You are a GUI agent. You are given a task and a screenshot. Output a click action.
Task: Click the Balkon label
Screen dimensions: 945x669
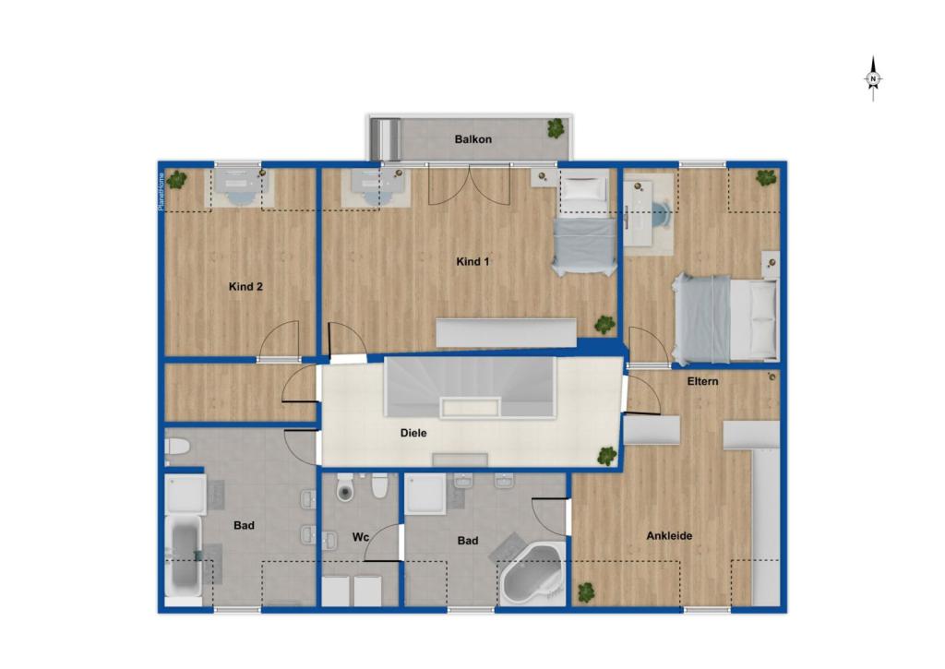click(x=473, y=139)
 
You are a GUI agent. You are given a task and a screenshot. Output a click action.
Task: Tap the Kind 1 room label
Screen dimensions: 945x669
click(x=472, y=261)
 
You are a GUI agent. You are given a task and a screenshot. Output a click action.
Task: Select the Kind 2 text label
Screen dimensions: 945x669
click(x=245, y=287)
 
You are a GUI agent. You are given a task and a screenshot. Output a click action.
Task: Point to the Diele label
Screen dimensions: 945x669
click(x=413, y=433)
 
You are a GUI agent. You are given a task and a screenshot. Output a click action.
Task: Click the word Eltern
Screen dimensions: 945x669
click(x=702, y=381)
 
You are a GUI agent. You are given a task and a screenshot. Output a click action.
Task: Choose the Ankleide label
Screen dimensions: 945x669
click(x=669, y=536)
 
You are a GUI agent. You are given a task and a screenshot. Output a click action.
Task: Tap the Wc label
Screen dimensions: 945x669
click(x=361, y=536)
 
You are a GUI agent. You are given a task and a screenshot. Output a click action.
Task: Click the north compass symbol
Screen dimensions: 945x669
click(x=873, y=79)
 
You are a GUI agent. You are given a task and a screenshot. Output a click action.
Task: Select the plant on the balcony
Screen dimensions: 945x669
click(x=556, y=128)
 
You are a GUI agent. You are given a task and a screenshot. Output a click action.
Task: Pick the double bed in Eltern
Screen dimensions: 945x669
click(x=725, y=319)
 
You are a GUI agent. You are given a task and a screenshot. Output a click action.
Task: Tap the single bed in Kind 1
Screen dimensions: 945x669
click(x=585, y=223)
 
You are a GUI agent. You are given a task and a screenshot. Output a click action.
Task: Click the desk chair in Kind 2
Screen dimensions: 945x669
click(x=238, y=193)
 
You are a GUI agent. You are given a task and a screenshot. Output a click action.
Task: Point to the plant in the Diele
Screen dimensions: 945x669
click(x=606, y=456)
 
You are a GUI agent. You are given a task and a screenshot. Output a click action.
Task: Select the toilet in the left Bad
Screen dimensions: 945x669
click(x=176, y=447)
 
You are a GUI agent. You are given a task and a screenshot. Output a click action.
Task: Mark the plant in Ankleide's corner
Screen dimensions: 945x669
click(x=586, y=592)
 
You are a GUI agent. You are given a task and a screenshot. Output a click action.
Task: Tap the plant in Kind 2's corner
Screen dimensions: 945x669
click(x=176, y=179)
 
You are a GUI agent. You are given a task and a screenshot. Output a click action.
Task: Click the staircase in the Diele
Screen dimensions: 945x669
click(x=470, y=388)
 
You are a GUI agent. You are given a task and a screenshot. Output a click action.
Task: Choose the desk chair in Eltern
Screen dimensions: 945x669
click(x=662, y=214)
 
